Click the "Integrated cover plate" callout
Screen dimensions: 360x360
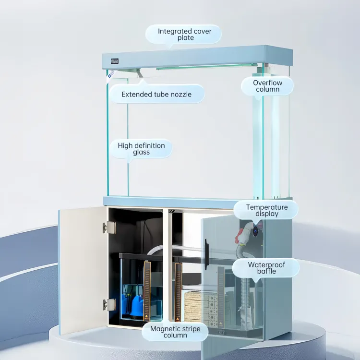[x=183, y=34]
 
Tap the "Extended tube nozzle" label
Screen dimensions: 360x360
[x=156, y=94]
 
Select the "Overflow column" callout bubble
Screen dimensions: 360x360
[x=267, y=86]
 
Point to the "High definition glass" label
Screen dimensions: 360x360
[x=141, y=148]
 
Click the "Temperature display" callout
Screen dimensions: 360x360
[x=266, y=210]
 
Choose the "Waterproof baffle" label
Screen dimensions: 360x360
[x=266, y=268]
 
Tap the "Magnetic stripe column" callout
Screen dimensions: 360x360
[x=175, y=332]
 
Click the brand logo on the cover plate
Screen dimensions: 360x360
[x=115, y=61]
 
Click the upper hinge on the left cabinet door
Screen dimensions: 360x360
[x=109, y=228]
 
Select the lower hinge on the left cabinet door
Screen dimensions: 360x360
[x=109, y=305]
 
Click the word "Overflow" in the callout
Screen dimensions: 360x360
[x=267, y=83]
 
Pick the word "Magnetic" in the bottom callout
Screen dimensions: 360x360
[x=165, y=329]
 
